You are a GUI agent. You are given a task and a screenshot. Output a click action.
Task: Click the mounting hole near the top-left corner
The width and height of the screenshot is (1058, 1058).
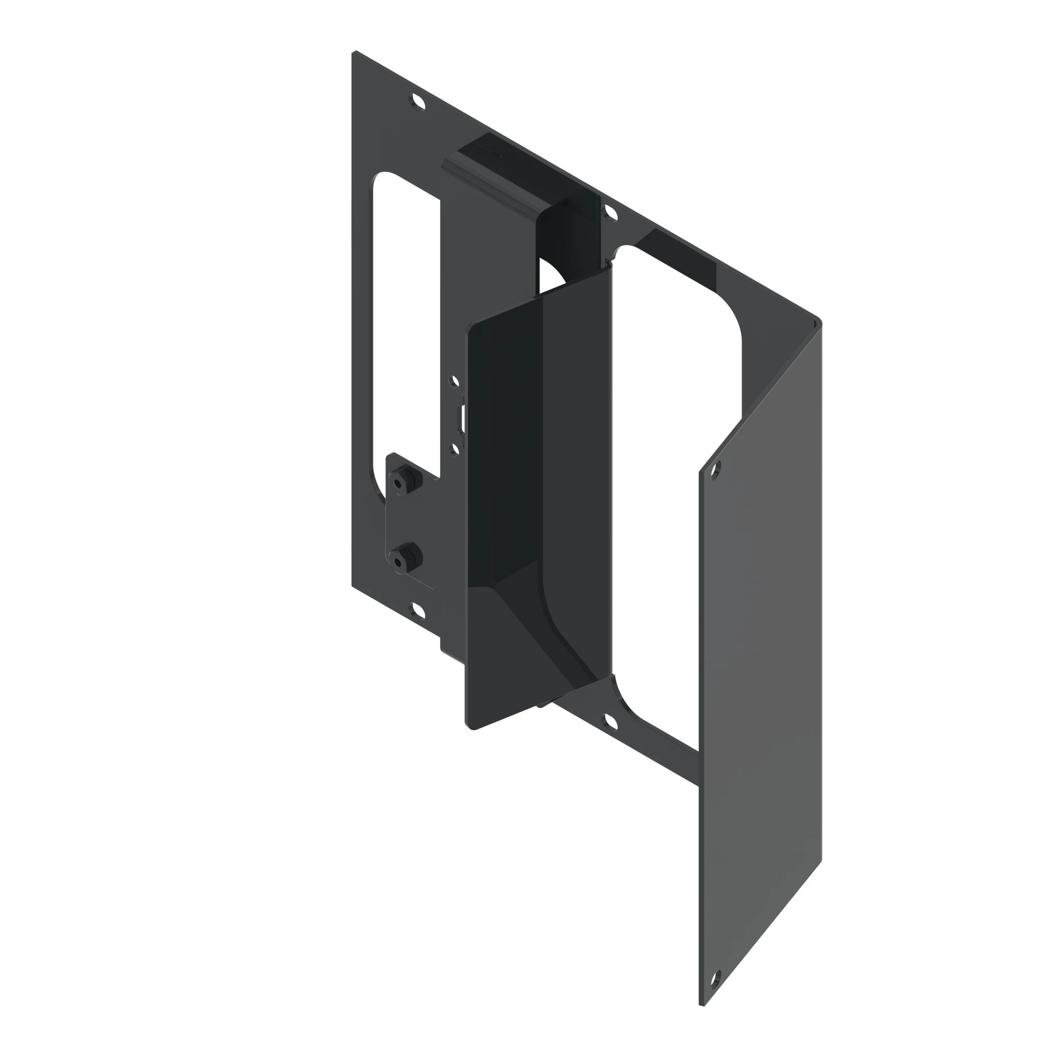pyautogui.click(x=418, y=103)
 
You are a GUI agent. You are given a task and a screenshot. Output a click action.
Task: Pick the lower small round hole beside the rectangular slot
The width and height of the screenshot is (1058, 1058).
pyautogui.click(x=454, y=449)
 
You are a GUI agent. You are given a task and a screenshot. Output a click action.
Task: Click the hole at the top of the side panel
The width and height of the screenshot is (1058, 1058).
pyautogui.click(x=716, y=470)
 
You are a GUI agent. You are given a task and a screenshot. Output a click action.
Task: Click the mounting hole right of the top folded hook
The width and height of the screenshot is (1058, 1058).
pyautogui.click(x=610, y=213)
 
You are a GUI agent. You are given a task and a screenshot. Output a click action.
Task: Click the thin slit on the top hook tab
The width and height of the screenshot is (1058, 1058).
pyautogui.click(x=486, y=151)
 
